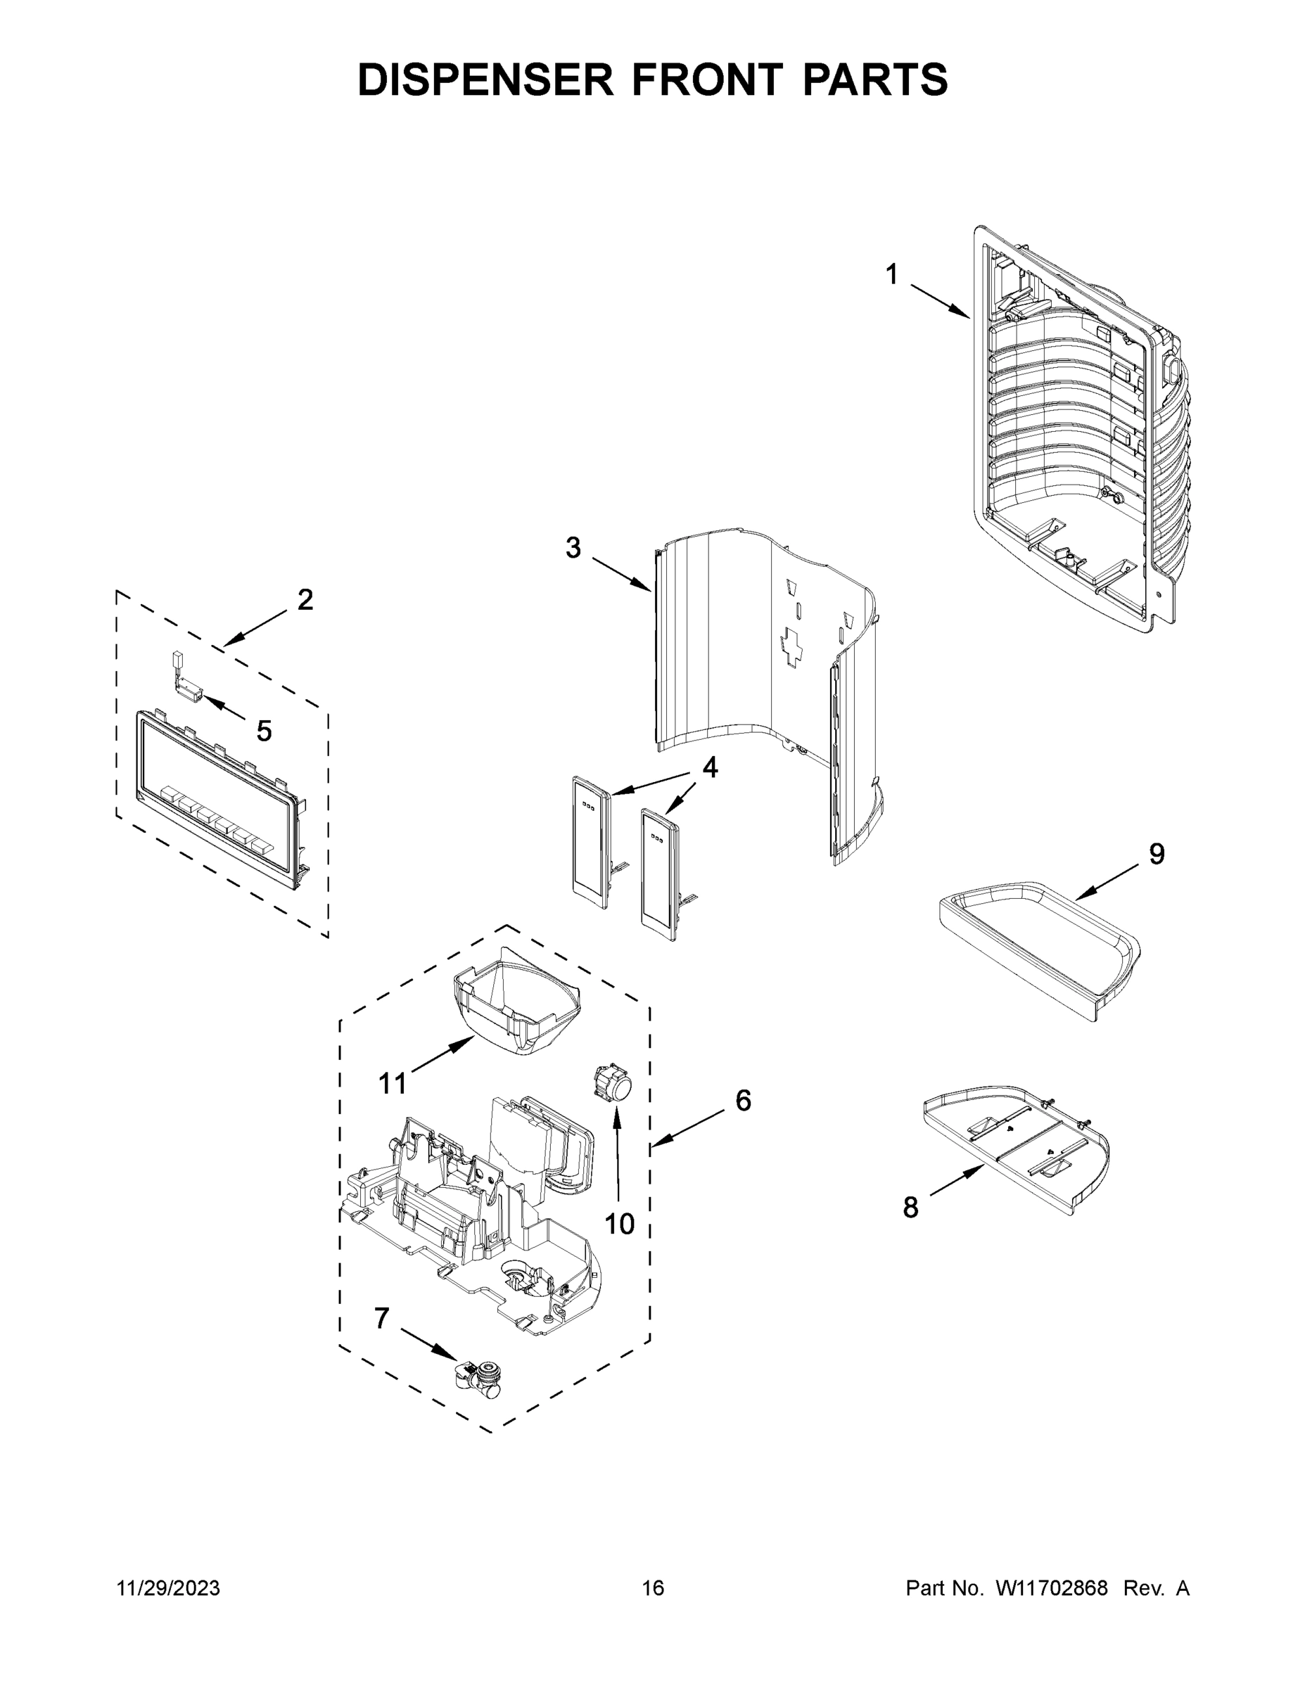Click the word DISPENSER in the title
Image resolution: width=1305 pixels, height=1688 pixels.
[x=485, y=79]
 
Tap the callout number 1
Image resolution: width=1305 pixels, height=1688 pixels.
[x=891, y=274]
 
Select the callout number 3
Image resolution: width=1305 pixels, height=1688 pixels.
[x=572, y=547]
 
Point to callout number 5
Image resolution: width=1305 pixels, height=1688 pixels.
[x=265, y=730]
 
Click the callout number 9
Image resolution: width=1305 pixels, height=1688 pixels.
[x=1157, y=854]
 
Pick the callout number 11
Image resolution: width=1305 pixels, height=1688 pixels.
[x=392, y=1084]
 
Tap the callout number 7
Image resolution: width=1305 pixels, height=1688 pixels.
[x=381, y=1319]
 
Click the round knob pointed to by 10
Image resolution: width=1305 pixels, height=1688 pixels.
[x=611, y=1082]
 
